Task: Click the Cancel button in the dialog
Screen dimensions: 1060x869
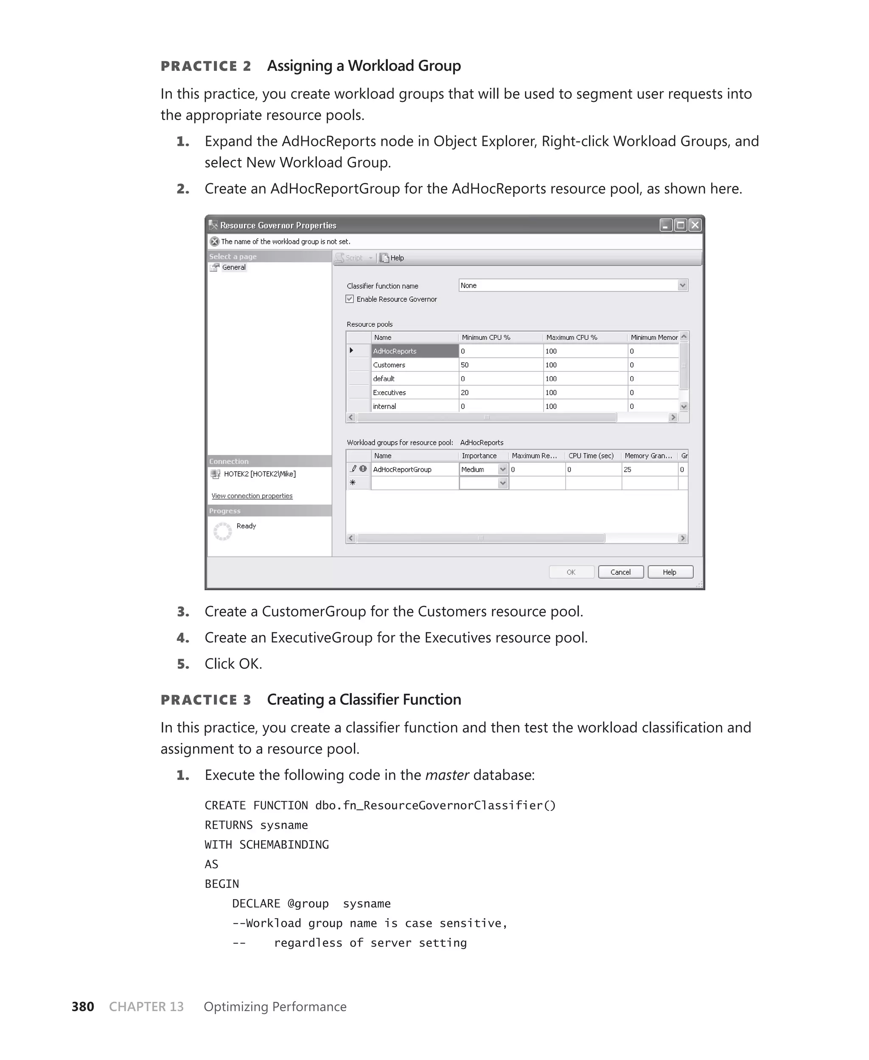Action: point(620,572)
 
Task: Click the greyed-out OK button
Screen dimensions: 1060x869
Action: point(571,572)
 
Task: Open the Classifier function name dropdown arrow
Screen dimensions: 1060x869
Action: point(682,285)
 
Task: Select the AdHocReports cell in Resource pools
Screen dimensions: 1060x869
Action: point(415,351)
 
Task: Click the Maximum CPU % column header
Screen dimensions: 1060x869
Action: point(572,337)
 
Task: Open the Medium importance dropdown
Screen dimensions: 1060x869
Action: point(502,469)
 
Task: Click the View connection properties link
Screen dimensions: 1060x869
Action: point(252,496)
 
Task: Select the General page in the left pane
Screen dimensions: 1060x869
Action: point(233,267)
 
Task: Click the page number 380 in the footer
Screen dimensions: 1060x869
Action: point(83,1007)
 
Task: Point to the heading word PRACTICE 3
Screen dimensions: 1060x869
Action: point(206,700)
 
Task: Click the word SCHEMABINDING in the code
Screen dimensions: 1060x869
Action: point(284,844)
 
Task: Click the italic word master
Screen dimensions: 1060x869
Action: point(446,775)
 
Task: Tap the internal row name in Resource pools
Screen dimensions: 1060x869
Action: point(384,407)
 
